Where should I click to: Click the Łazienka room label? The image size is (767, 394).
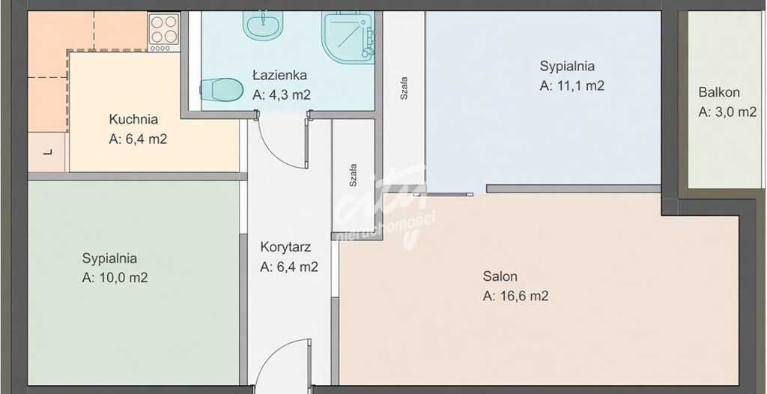(x=280, y=76)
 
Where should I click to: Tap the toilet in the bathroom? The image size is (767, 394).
(x=222, y=90)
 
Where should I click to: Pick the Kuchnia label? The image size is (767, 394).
(x=133, y=119)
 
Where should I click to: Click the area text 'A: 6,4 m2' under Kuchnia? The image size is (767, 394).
(x=138, y=139)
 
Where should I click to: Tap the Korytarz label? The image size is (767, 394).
(x=285, y=247)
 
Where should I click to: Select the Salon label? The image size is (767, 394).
(x=500, y=276)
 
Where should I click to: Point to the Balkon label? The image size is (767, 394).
(x=719, y=92)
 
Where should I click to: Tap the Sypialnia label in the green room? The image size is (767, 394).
(x=109, y=258)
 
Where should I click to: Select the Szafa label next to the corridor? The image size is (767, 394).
(x=353, y=175)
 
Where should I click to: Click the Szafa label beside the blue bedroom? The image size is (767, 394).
(x=404, y=88)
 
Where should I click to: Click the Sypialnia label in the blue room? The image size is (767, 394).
(x=568, y=66)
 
